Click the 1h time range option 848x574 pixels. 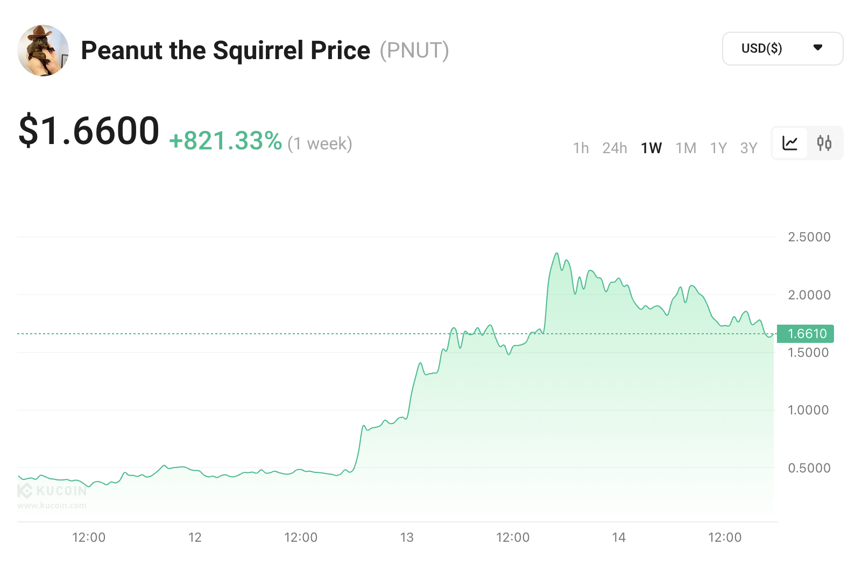[581, 148]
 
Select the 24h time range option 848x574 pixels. [614, 148]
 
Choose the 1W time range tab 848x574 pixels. [651, 148]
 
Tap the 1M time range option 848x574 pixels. [686, 148]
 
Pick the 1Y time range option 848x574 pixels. [718, 148]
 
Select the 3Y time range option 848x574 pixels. [748, 148]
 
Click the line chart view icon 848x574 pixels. [790, 143]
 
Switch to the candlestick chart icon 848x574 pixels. [824, 143]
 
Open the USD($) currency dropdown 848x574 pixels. [782, 48]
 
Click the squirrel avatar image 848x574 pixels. [43, 51]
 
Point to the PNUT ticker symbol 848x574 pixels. [414, 51]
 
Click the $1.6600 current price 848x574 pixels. [89, 131]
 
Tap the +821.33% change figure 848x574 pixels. [225, 141]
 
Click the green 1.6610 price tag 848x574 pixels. [805, 334]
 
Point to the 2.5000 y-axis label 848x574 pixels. [809, 237]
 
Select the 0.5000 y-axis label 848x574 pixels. [809, 468]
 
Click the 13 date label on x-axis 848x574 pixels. [407, 537]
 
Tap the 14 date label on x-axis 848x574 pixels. [619, 537]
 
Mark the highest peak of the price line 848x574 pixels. [557, 253]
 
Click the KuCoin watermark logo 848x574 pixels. [52, 491]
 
